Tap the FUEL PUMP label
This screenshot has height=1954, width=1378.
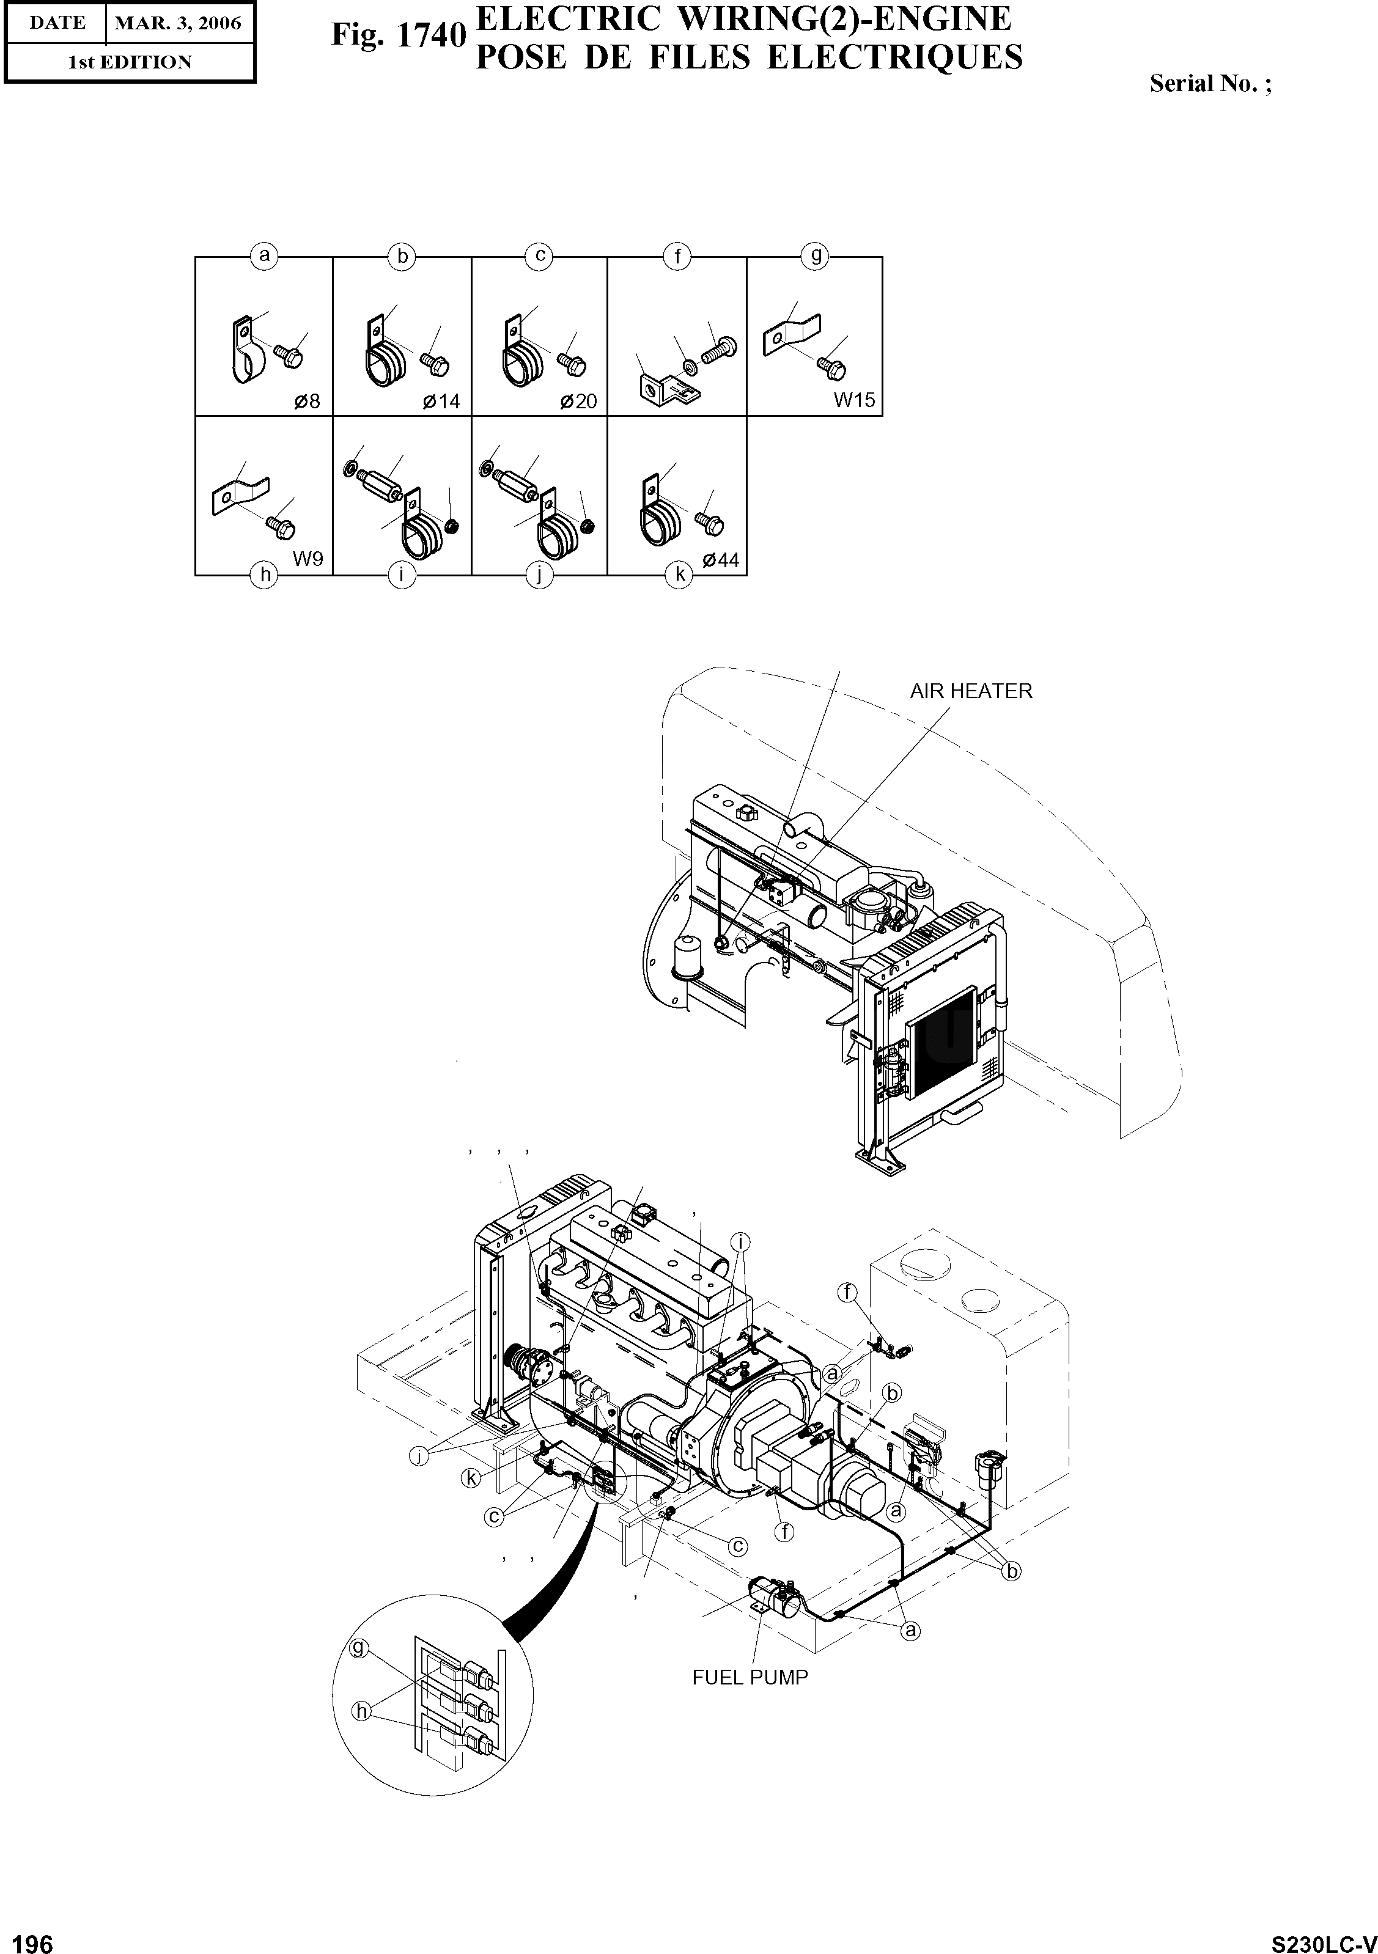pos(750,1677)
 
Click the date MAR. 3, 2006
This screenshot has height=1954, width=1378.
pos(178,23)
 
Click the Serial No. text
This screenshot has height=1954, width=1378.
pos(1209,83)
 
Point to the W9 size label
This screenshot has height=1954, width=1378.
pos(308,559)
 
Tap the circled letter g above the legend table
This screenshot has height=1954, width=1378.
pos(814,255)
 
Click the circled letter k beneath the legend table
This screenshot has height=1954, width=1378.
pos(679,575)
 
